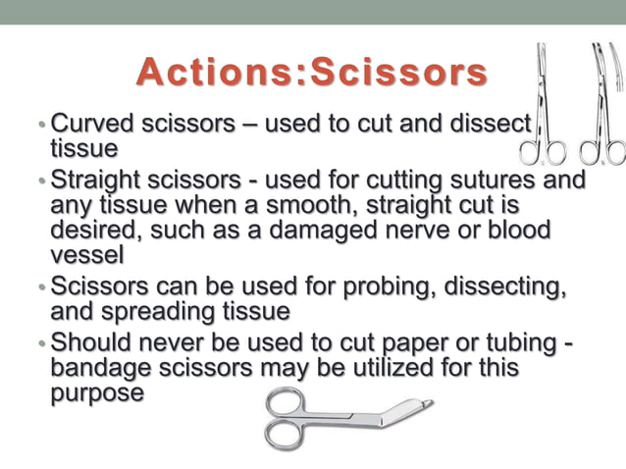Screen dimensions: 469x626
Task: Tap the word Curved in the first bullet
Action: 90,126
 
